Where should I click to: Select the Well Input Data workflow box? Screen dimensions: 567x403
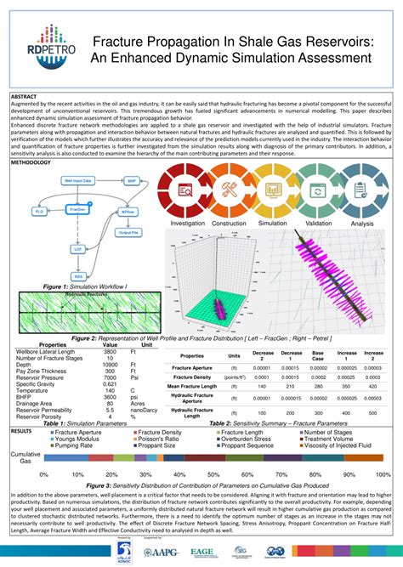pos(79,181)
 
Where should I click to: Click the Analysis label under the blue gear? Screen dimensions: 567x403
pos(362,224)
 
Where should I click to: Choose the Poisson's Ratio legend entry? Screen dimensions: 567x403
pos(166,439)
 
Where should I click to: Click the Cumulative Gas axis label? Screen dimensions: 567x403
pos(26,459)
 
